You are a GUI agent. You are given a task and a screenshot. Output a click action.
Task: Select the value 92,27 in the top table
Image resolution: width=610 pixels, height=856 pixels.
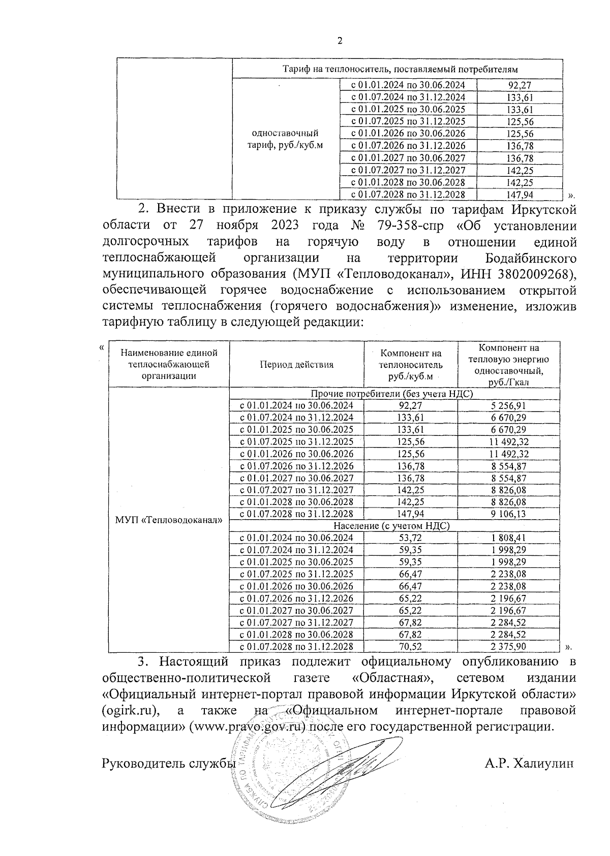pos(520,85)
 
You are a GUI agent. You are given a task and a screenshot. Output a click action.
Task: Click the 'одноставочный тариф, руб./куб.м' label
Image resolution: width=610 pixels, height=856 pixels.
pos(285,139)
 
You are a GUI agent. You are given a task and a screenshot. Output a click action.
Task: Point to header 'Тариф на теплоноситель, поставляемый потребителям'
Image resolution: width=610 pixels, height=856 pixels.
pos(397,69)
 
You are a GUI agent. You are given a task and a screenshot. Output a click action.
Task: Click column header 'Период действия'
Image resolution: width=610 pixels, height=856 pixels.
pos(296,364)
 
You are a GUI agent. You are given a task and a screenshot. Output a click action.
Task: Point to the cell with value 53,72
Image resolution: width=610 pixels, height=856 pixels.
pos(411,538)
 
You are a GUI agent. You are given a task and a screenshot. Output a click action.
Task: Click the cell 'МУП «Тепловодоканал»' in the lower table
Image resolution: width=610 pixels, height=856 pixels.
pos(169,520)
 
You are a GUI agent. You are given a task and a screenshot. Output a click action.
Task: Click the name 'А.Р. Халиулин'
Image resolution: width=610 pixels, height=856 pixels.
pos(529,764)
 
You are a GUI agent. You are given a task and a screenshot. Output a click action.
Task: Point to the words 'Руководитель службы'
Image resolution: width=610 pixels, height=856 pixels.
pos(169,764)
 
